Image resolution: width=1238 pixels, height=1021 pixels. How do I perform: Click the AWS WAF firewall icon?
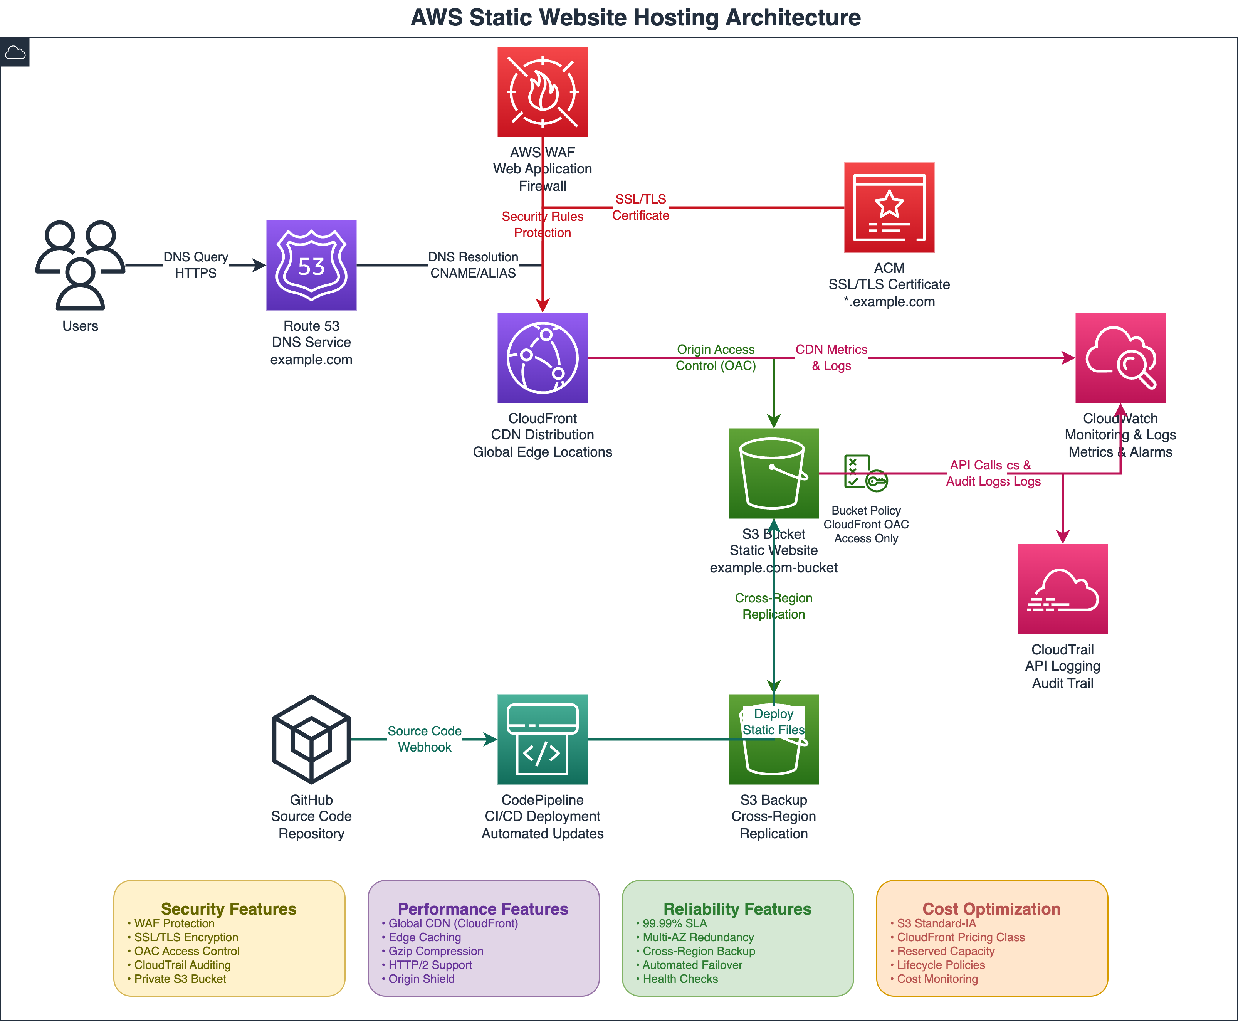coord(542,92)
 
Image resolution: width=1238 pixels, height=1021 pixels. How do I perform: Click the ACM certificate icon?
coord(889,208)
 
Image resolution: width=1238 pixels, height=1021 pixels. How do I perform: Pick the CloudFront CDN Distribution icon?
coord(542,358)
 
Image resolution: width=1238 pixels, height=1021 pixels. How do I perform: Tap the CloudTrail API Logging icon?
coord(1062,589)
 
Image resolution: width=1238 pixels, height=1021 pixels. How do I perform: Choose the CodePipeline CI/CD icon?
coord(542,739)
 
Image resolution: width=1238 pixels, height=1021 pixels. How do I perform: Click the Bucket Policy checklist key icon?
coord(865,472)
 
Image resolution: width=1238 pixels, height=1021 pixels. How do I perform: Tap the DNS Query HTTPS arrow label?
coord(196,265)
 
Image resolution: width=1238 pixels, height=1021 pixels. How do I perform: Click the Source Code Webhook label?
coord(425,739)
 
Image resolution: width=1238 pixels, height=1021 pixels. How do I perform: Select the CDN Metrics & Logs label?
coord(831,358)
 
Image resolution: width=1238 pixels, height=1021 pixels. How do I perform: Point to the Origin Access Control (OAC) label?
coord(716,358)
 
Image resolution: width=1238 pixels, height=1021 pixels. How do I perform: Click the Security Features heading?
coord(228,909)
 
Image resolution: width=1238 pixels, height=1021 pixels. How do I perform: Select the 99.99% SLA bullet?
coord(674,923)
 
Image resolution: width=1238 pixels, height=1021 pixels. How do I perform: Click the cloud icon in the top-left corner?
coord(15,53)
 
